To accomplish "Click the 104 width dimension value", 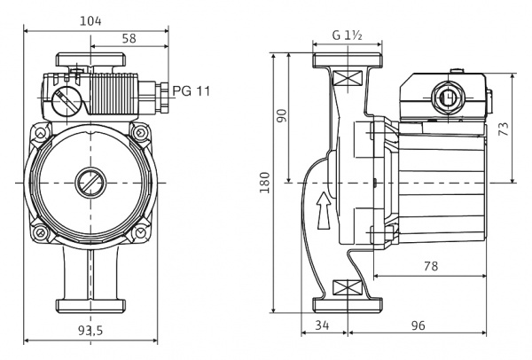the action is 90,21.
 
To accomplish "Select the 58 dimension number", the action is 129,38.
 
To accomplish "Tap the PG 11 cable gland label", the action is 192,91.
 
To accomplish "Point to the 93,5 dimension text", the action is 90,331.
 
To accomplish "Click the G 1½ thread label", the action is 347,35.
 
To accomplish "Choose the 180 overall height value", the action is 264,183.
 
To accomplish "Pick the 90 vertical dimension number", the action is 282,115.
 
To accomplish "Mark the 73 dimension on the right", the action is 504,129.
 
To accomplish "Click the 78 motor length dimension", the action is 431,266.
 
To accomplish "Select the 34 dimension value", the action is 322,325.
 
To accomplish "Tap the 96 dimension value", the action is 418,325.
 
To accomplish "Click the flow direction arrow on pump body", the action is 324,210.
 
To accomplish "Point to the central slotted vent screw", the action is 90,183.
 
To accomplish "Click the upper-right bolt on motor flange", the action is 140,132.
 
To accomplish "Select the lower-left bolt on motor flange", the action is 41,233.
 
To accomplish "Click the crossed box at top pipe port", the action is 347,78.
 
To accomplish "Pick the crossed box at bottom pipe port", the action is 347,288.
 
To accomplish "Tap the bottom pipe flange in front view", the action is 90,305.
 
